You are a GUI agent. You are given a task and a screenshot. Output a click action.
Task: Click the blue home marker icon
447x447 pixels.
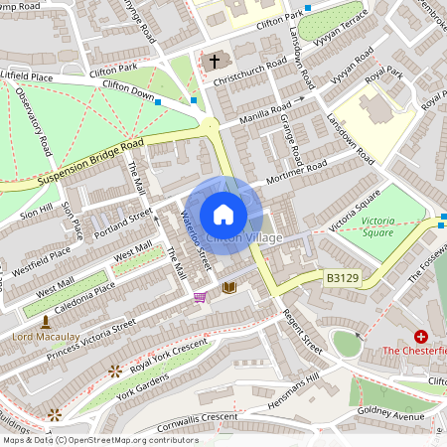click(x=223, y=215)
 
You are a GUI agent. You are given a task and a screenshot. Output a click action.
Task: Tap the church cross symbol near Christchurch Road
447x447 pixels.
click(x=215, y=62)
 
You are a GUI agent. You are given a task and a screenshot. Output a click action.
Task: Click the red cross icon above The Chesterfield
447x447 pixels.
click(x=421, y=337)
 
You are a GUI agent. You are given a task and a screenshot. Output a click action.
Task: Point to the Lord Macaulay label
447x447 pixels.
click(x=46, y=337)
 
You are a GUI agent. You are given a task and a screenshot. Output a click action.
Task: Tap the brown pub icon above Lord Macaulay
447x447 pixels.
click(x=46, y=321)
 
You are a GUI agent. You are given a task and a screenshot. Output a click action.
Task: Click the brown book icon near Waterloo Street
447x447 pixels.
click(x=229, y=287)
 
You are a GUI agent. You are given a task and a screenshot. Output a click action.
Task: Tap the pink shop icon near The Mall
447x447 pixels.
click(x=200, y=296)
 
